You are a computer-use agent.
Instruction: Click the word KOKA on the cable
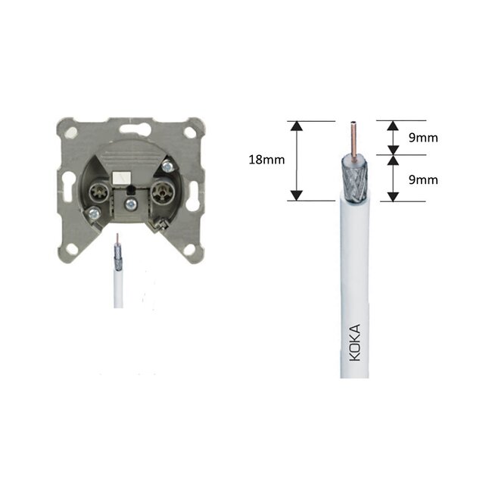355,342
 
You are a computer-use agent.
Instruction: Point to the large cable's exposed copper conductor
353,136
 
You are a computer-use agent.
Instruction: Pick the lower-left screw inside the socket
93,215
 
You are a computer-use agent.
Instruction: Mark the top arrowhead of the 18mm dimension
297,126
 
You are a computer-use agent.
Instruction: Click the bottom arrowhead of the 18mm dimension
297,195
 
